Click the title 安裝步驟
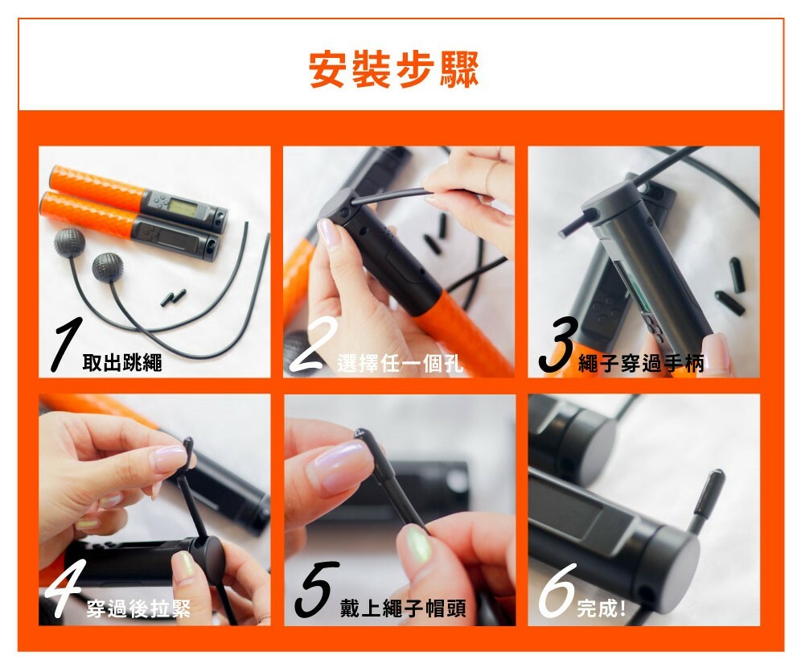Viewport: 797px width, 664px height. pos(394,69)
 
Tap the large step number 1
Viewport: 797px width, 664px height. pos(67,344)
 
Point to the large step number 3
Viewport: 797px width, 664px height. pos(559,344)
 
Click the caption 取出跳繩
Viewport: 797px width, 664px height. pos(122,362)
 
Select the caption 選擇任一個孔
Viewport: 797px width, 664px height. pos(401,363)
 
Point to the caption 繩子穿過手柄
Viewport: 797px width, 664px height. pos(642,363)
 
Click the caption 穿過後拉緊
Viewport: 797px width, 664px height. pos(138,608)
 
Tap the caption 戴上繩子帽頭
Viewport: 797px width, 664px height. pos(403,608)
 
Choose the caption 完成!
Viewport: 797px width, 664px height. pos(602,608)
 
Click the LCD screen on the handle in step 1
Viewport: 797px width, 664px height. pos(182,207)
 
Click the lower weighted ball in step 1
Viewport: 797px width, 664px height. pos(108,267)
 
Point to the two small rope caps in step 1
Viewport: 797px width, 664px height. pos(174,298)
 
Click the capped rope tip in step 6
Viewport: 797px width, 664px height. pos(710,491)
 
